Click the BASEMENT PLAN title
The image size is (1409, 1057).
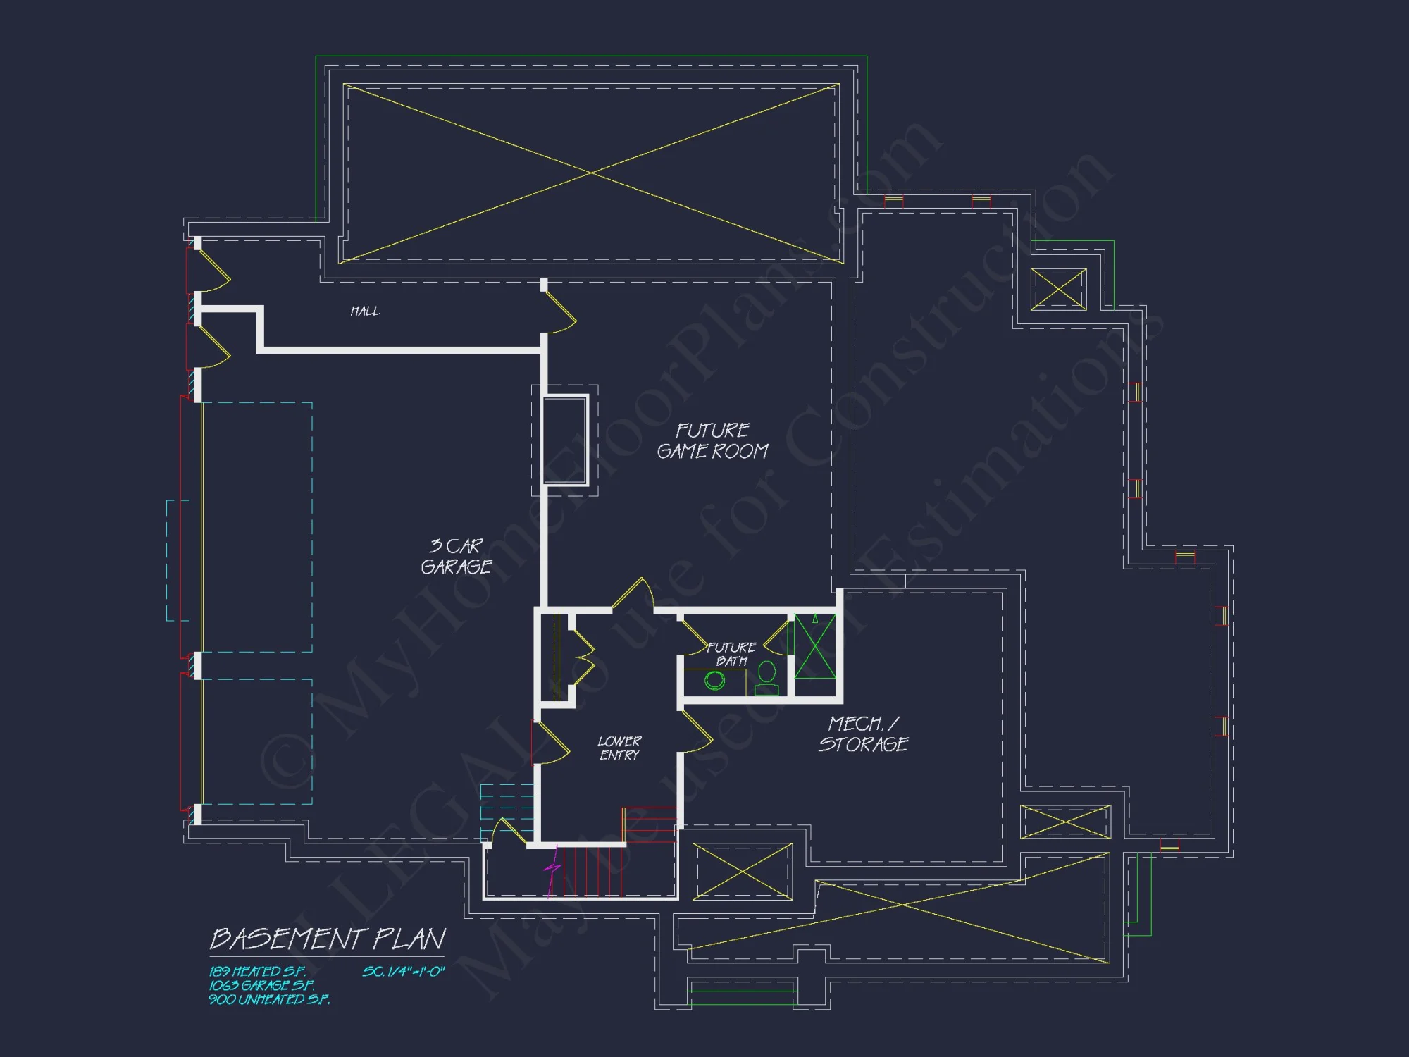(328, 939)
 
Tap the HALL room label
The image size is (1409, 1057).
(365, 311)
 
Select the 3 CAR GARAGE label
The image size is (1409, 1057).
(457, 556)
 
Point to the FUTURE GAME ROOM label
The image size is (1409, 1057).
(712, 440)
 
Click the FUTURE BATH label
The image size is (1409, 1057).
(731, 654)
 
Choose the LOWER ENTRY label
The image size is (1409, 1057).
(619, 748)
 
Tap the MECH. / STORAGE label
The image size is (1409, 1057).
(864, 734)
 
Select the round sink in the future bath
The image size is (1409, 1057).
(715, 681)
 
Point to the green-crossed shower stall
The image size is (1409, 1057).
(815, 647)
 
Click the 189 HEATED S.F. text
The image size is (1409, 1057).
(257, 971)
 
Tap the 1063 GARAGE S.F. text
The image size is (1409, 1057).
(261, 985)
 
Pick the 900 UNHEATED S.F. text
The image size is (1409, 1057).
(269, 999)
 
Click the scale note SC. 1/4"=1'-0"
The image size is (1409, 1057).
(404, 971)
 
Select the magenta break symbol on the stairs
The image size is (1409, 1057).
(552, 871)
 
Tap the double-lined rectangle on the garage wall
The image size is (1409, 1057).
(565, 440)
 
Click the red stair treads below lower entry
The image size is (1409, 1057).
(592, 871)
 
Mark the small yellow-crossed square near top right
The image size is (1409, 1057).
(1058, 289)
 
